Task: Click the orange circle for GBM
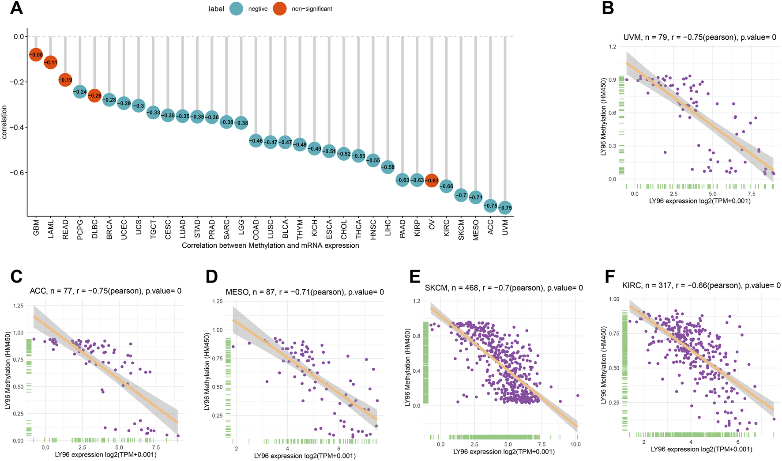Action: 36,55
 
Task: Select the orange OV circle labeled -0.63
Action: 432,180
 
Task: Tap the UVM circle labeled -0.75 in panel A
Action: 505,208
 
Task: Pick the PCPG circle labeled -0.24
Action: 80,92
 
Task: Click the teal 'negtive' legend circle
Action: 237,9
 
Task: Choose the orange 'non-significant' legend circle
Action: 280,9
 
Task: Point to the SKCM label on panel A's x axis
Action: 461,230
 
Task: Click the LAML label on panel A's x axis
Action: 51,229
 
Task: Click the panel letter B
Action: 608,8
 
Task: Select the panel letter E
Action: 415,276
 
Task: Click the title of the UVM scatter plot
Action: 699,38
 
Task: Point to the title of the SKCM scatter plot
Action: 504,288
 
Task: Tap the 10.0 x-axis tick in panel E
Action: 575,444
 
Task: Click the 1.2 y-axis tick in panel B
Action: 612,47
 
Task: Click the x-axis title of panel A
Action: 270,246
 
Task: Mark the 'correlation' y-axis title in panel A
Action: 5,122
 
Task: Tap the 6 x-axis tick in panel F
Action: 738,442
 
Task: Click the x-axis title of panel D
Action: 305,456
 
